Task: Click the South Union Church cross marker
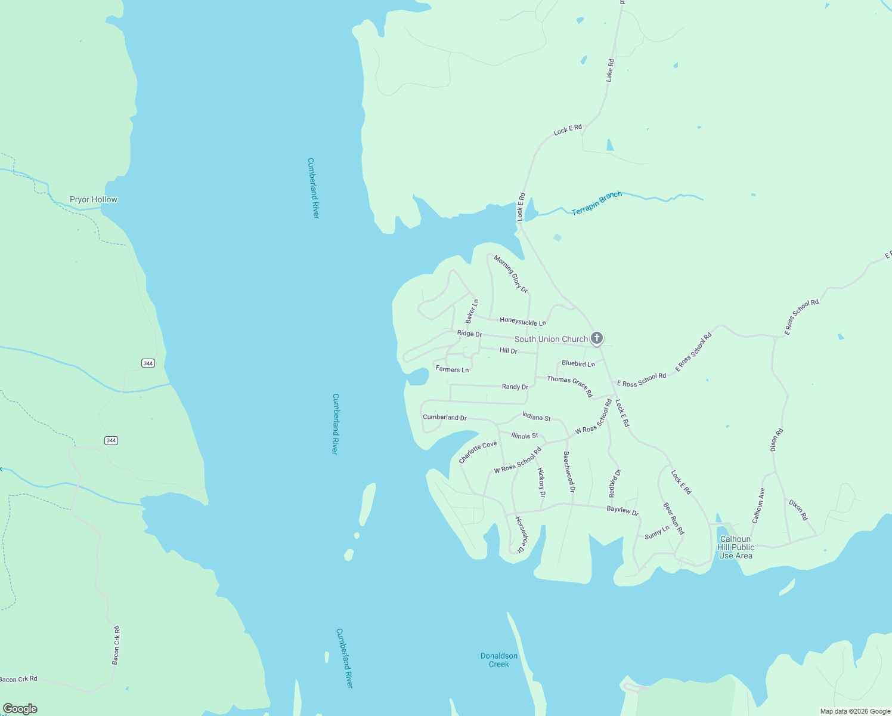point(596,338)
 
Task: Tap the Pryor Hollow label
point(94,199)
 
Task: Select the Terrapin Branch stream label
point(597,203)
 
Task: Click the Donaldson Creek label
point(499,660)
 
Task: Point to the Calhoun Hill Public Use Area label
point(736,547)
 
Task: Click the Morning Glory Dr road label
point(511,274)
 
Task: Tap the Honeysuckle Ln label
point(523,322)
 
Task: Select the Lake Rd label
point(609,70)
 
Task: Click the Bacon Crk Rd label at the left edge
point(18,679)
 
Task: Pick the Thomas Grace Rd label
point(570,386)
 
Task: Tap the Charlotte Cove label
point(478,452)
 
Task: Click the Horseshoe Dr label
point(522,535)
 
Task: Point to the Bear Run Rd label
point(674,519)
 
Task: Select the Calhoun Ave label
point(758,506)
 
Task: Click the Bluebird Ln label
point(578,363)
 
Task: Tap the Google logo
point(20,709)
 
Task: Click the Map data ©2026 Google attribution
point(855,711)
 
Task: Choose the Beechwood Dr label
point(569,471)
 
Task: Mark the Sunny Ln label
point(657,532)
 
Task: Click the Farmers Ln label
point(452,369)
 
